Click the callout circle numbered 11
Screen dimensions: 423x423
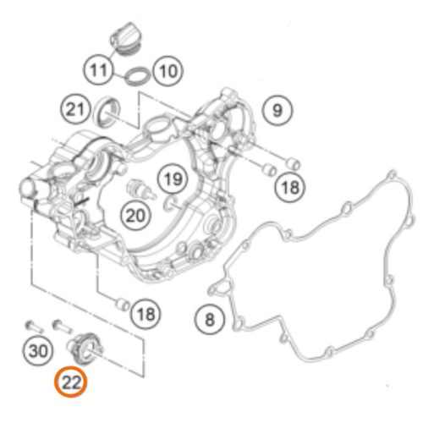98,69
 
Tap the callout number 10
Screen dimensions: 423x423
168,70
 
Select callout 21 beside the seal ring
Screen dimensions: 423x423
75,109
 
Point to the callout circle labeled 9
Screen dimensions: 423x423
277,110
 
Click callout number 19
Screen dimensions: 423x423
173,179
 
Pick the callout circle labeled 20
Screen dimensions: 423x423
135,216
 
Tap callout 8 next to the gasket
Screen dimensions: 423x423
210,319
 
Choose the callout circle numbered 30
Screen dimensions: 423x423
38,350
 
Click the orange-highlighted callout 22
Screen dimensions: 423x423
71,382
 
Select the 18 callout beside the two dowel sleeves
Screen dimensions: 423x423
290,187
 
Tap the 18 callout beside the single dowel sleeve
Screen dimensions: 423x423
146,314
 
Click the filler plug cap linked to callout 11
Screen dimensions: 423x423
126,39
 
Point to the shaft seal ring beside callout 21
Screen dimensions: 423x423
107,111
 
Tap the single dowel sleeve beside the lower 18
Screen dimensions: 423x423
123,305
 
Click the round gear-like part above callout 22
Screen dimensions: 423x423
85,348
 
